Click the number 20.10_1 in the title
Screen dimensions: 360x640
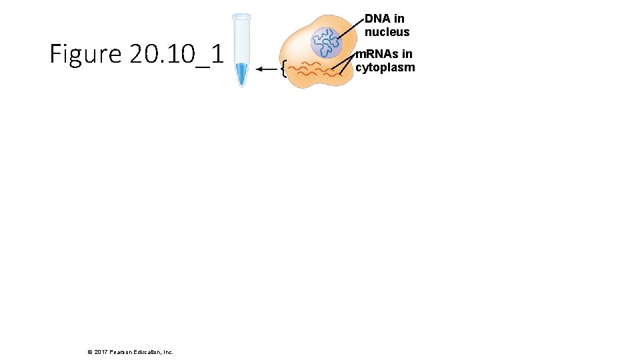[176, 54]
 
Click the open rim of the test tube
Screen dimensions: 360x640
[241, 15]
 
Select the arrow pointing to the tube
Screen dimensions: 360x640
[268, 68]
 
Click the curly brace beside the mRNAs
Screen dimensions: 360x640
[285, 69]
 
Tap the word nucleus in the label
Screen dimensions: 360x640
[387, 32]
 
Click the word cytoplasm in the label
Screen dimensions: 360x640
[385, 67]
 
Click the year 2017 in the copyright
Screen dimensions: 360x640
[101, 352]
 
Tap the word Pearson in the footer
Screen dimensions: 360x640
[122, 352]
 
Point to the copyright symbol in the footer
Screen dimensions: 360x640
[90, 352]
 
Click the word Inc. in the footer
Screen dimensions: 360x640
[167, 352]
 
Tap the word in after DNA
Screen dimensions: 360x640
[399, 19]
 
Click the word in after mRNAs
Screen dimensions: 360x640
[407, 54]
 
